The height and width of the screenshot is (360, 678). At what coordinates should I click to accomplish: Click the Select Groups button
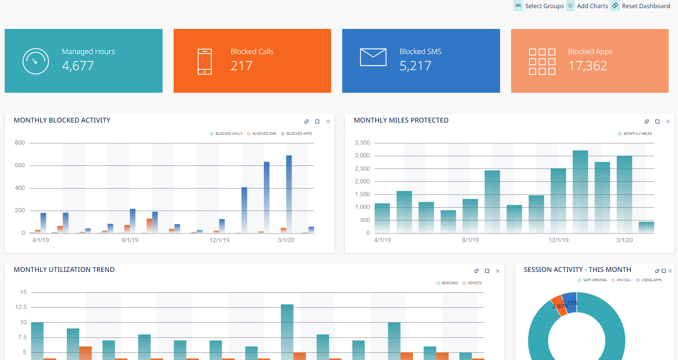click(x=539, y=6)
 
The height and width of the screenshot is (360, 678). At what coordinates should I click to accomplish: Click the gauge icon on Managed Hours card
click(x=36, y=61)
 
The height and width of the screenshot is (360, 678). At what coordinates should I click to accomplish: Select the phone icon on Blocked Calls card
click(x=205, y=62)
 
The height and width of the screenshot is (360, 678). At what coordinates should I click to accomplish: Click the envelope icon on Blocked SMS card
click(x=373, y=57)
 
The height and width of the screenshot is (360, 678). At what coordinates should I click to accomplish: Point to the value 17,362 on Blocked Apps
click(x=587, y=66)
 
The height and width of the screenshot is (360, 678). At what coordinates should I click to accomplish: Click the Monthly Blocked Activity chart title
click(x=62, y=120)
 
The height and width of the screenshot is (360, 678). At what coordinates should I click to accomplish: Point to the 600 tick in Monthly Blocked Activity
click(x=20, y=165)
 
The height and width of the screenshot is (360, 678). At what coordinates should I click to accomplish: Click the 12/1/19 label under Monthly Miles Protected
click(x=558, y=240)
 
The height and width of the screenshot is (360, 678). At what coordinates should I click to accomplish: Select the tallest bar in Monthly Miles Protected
click(x=581, y=191)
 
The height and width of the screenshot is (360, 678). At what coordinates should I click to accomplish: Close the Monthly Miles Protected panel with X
click(x=668, y=122)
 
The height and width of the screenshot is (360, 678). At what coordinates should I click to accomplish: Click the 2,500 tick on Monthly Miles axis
click(x=362, y=169)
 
